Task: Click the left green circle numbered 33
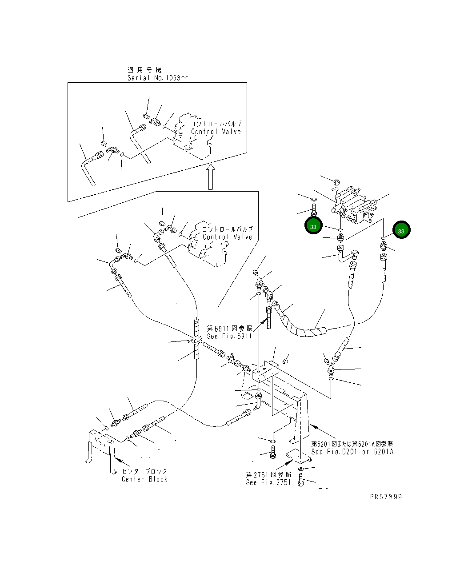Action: (313, 226)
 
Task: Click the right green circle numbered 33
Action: (401, 231)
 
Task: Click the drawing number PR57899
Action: (385, 497)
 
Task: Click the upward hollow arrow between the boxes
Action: (211, 177)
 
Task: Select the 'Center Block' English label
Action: (145, 479)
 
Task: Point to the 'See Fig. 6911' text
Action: (229, 336)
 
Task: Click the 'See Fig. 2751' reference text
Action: (268, 482)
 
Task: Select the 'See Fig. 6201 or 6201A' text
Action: (352, 452)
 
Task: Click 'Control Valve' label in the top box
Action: (216, 132)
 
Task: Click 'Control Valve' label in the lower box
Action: (228, 237)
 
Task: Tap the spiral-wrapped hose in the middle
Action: (302, 322)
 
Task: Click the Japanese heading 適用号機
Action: (145, 70)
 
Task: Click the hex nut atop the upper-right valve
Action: (336, 182)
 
